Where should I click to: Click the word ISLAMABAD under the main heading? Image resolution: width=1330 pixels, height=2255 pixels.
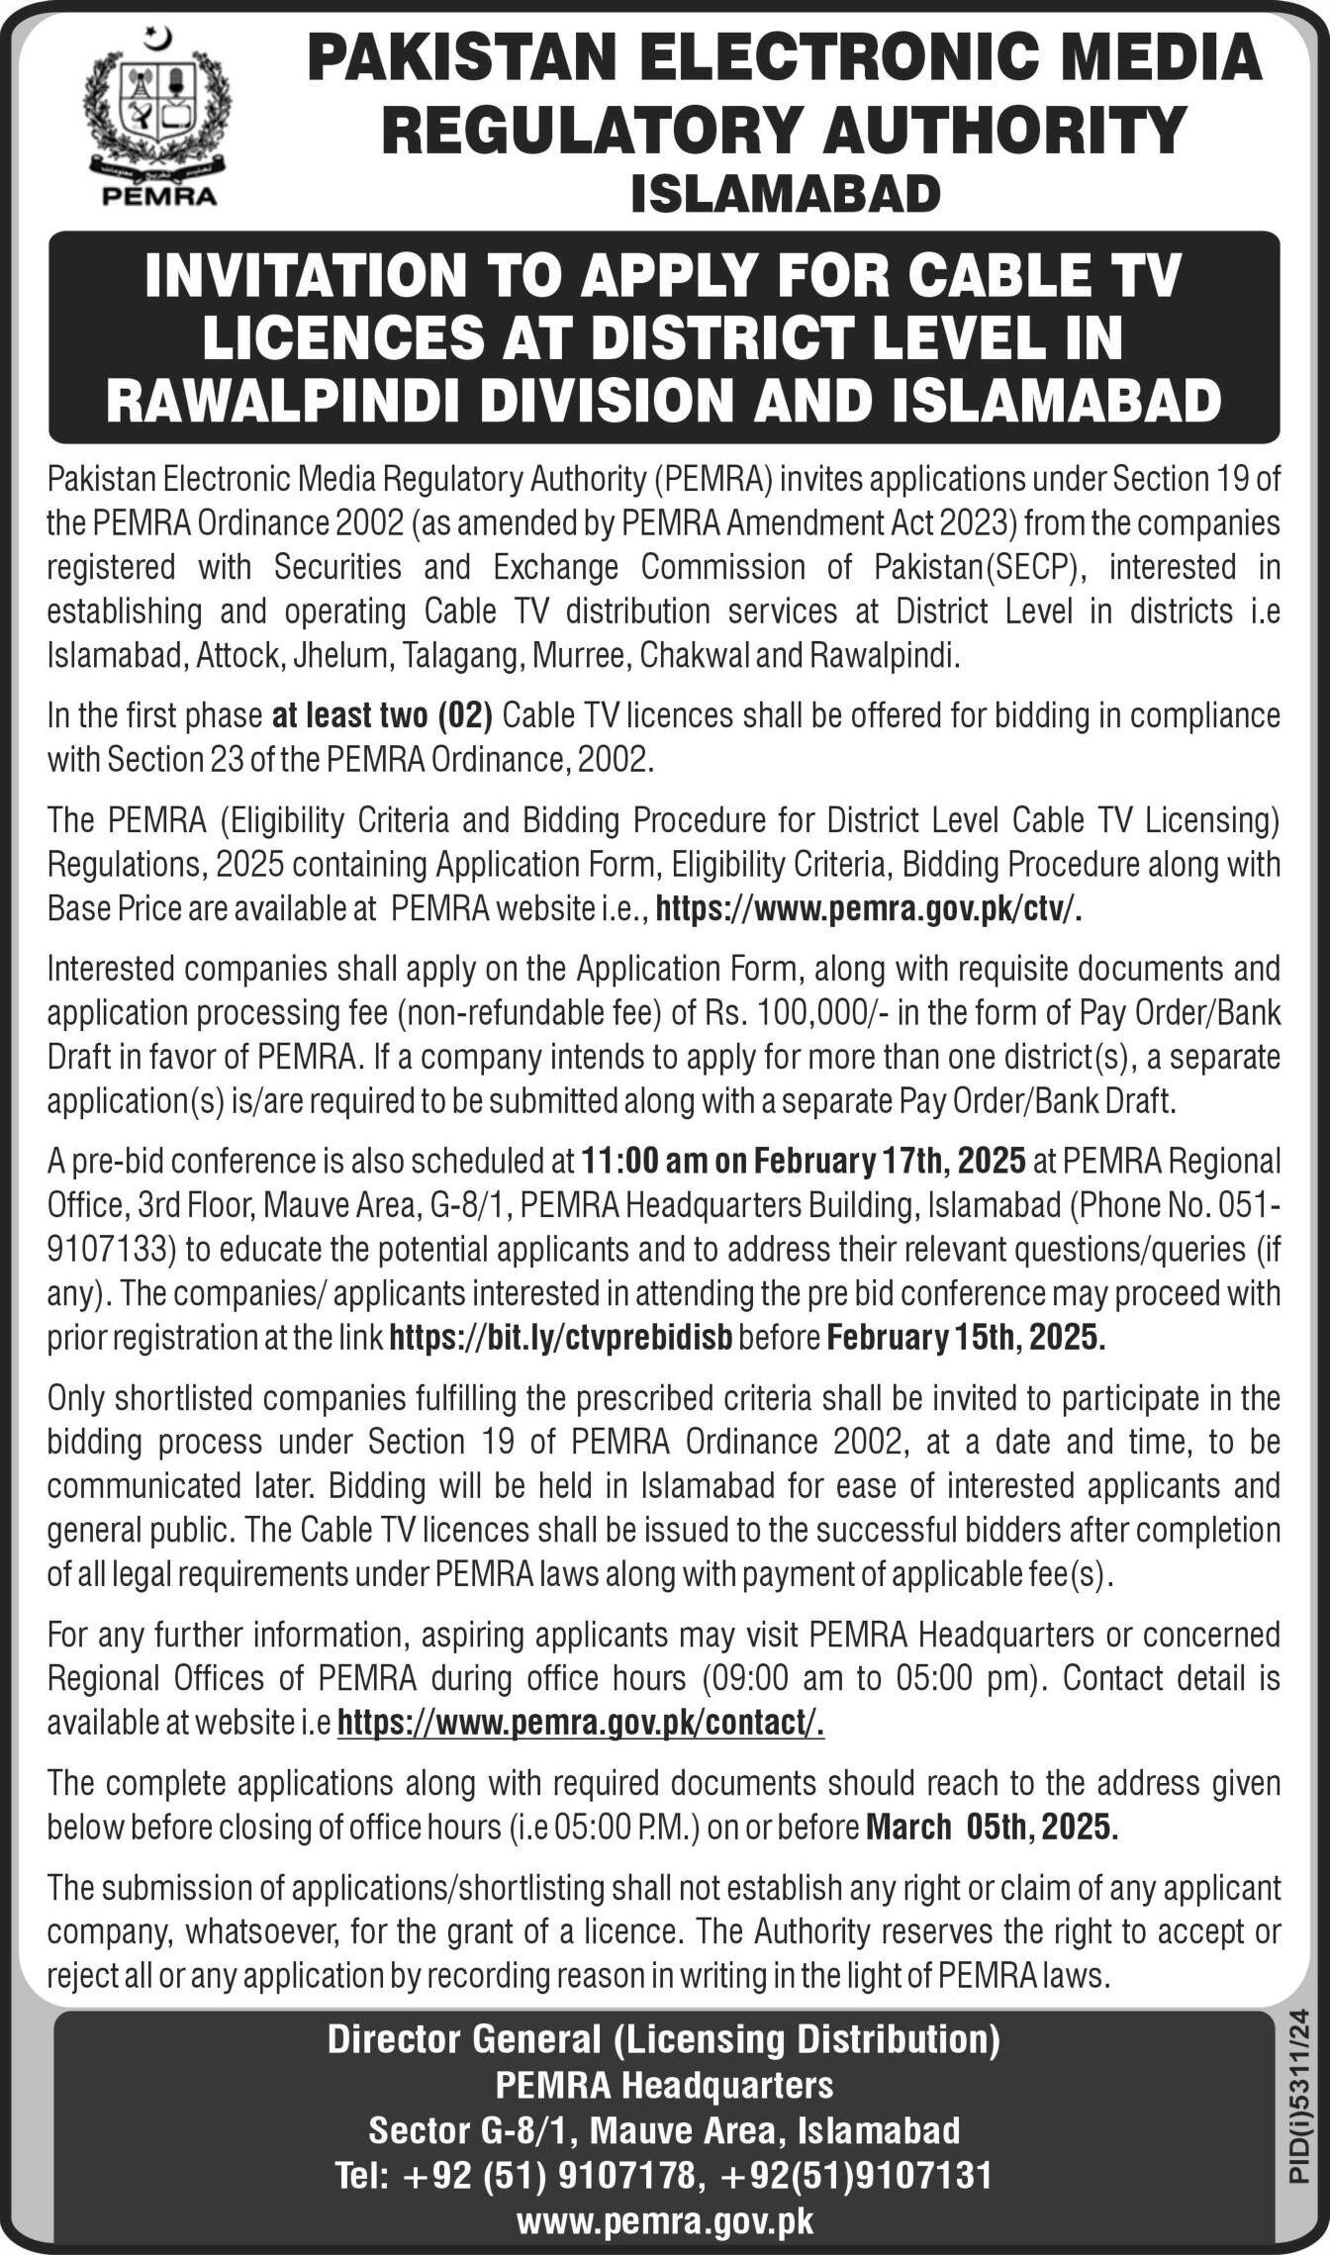click(x=785, y=193)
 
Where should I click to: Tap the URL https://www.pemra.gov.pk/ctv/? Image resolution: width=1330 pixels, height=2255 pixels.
click(x=869, y=909)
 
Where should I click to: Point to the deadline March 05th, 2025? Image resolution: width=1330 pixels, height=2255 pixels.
click(x=992, y=1826)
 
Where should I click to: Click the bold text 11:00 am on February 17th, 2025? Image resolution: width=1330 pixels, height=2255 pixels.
click(x=804, y=1161)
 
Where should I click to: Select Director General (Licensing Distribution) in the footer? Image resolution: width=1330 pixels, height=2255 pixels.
click(x=664, y=2038)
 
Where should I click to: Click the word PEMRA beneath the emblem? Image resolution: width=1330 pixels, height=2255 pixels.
click(x=159, y=196)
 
